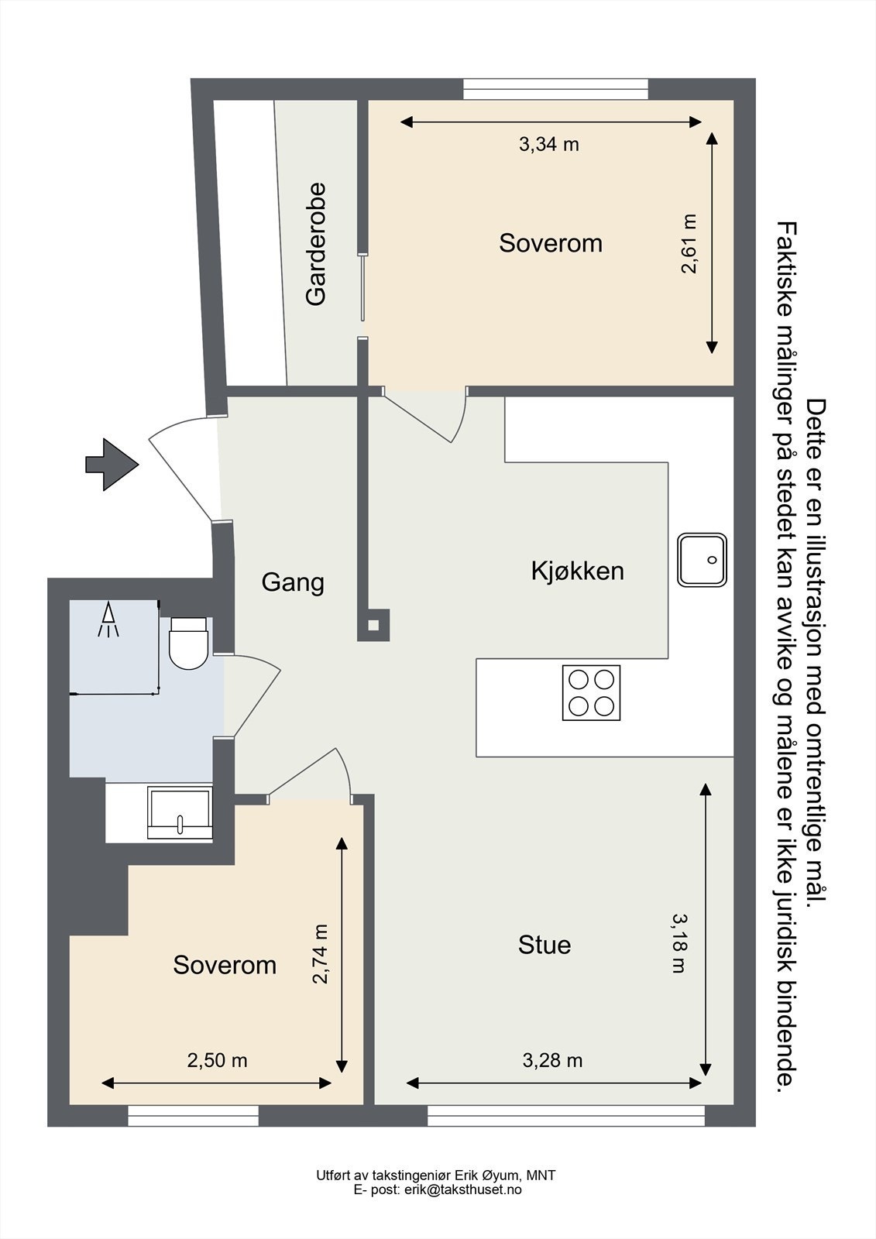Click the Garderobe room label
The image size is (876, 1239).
316,244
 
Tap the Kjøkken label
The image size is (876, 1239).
577,571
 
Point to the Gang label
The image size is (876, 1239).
293,582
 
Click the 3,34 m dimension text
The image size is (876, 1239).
549,144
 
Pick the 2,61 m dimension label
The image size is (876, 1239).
689,243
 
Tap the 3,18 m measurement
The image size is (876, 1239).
679,944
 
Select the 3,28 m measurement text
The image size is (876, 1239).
552,1060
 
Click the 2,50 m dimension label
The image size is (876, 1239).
217,1060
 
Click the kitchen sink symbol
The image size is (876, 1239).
702,560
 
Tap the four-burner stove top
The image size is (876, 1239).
591,692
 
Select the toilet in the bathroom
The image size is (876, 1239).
188,643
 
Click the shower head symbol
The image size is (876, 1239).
108,619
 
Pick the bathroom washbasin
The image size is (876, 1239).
180,813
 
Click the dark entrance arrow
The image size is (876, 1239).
112,464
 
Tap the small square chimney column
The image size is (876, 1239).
373,625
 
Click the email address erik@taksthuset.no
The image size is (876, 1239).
462,1189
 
